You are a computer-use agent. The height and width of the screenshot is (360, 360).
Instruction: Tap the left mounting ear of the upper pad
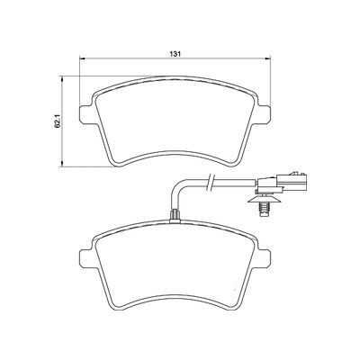[x=85, y=114]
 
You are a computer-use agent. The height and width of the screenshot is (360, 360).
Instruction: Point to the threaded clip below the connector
[x=265, y=206]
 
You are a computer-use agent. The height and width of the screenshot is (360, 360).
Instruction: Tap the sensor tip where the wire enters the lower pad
[x=170, y=215]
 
